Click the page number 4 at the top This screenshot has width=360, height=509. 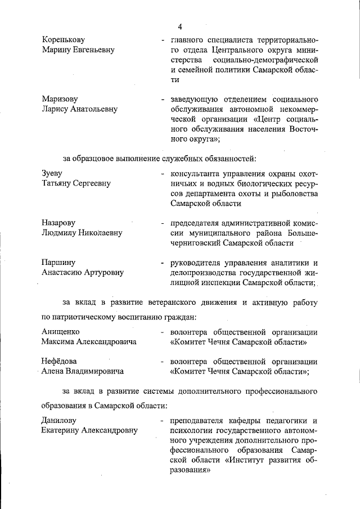[180, 26]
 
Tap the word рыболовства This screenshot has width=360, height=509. [292, 193]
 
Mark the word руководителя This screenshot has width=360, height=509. [199, 262]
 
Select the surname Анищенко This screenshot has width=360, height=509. [64, 331]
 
